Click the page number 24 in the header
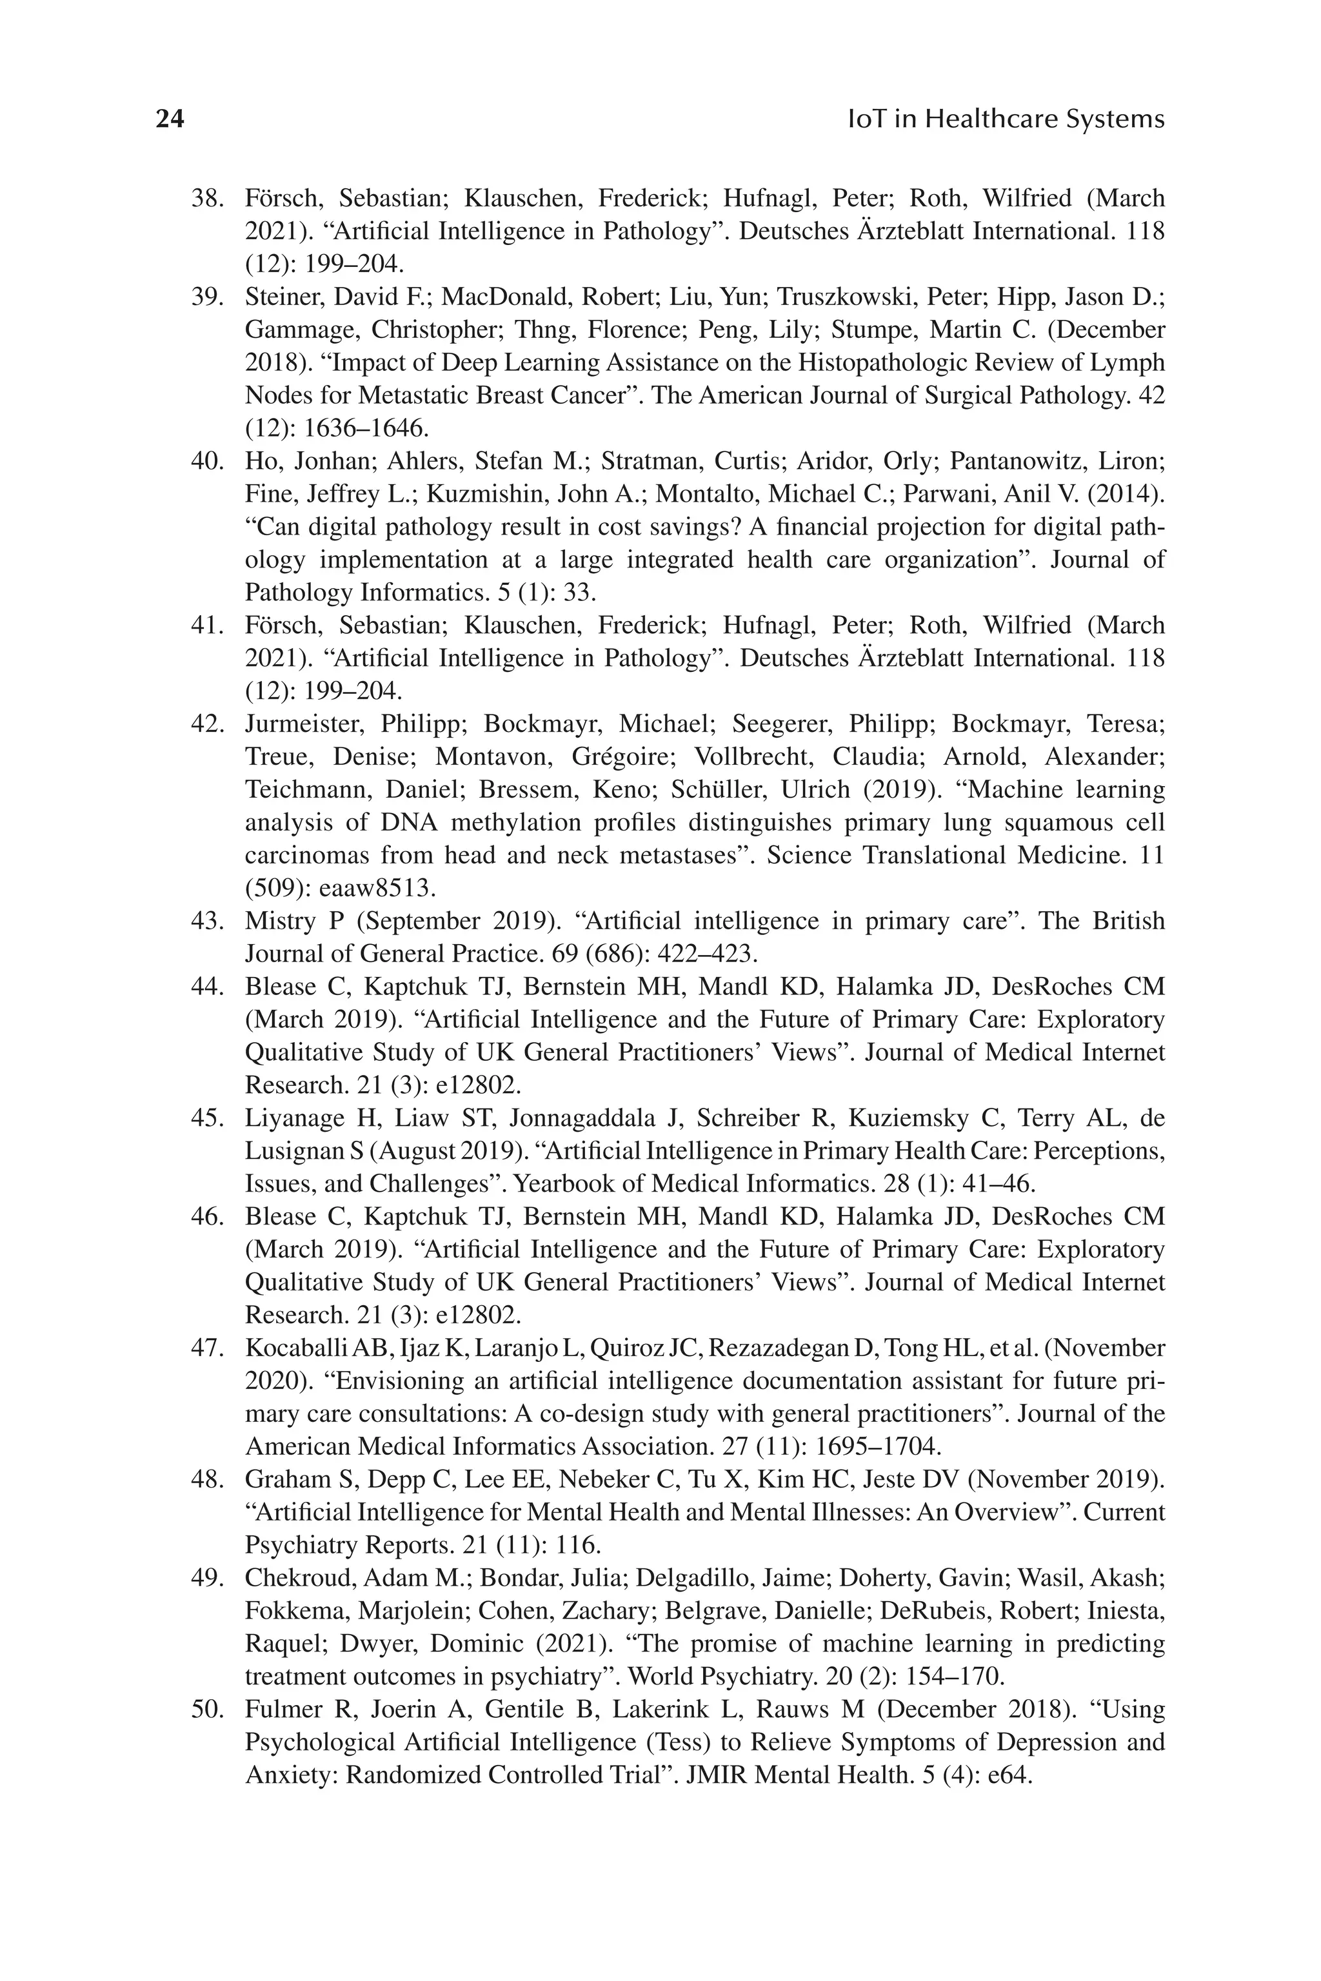(170, 119)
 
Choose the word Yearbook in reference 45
(569, 1184)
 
